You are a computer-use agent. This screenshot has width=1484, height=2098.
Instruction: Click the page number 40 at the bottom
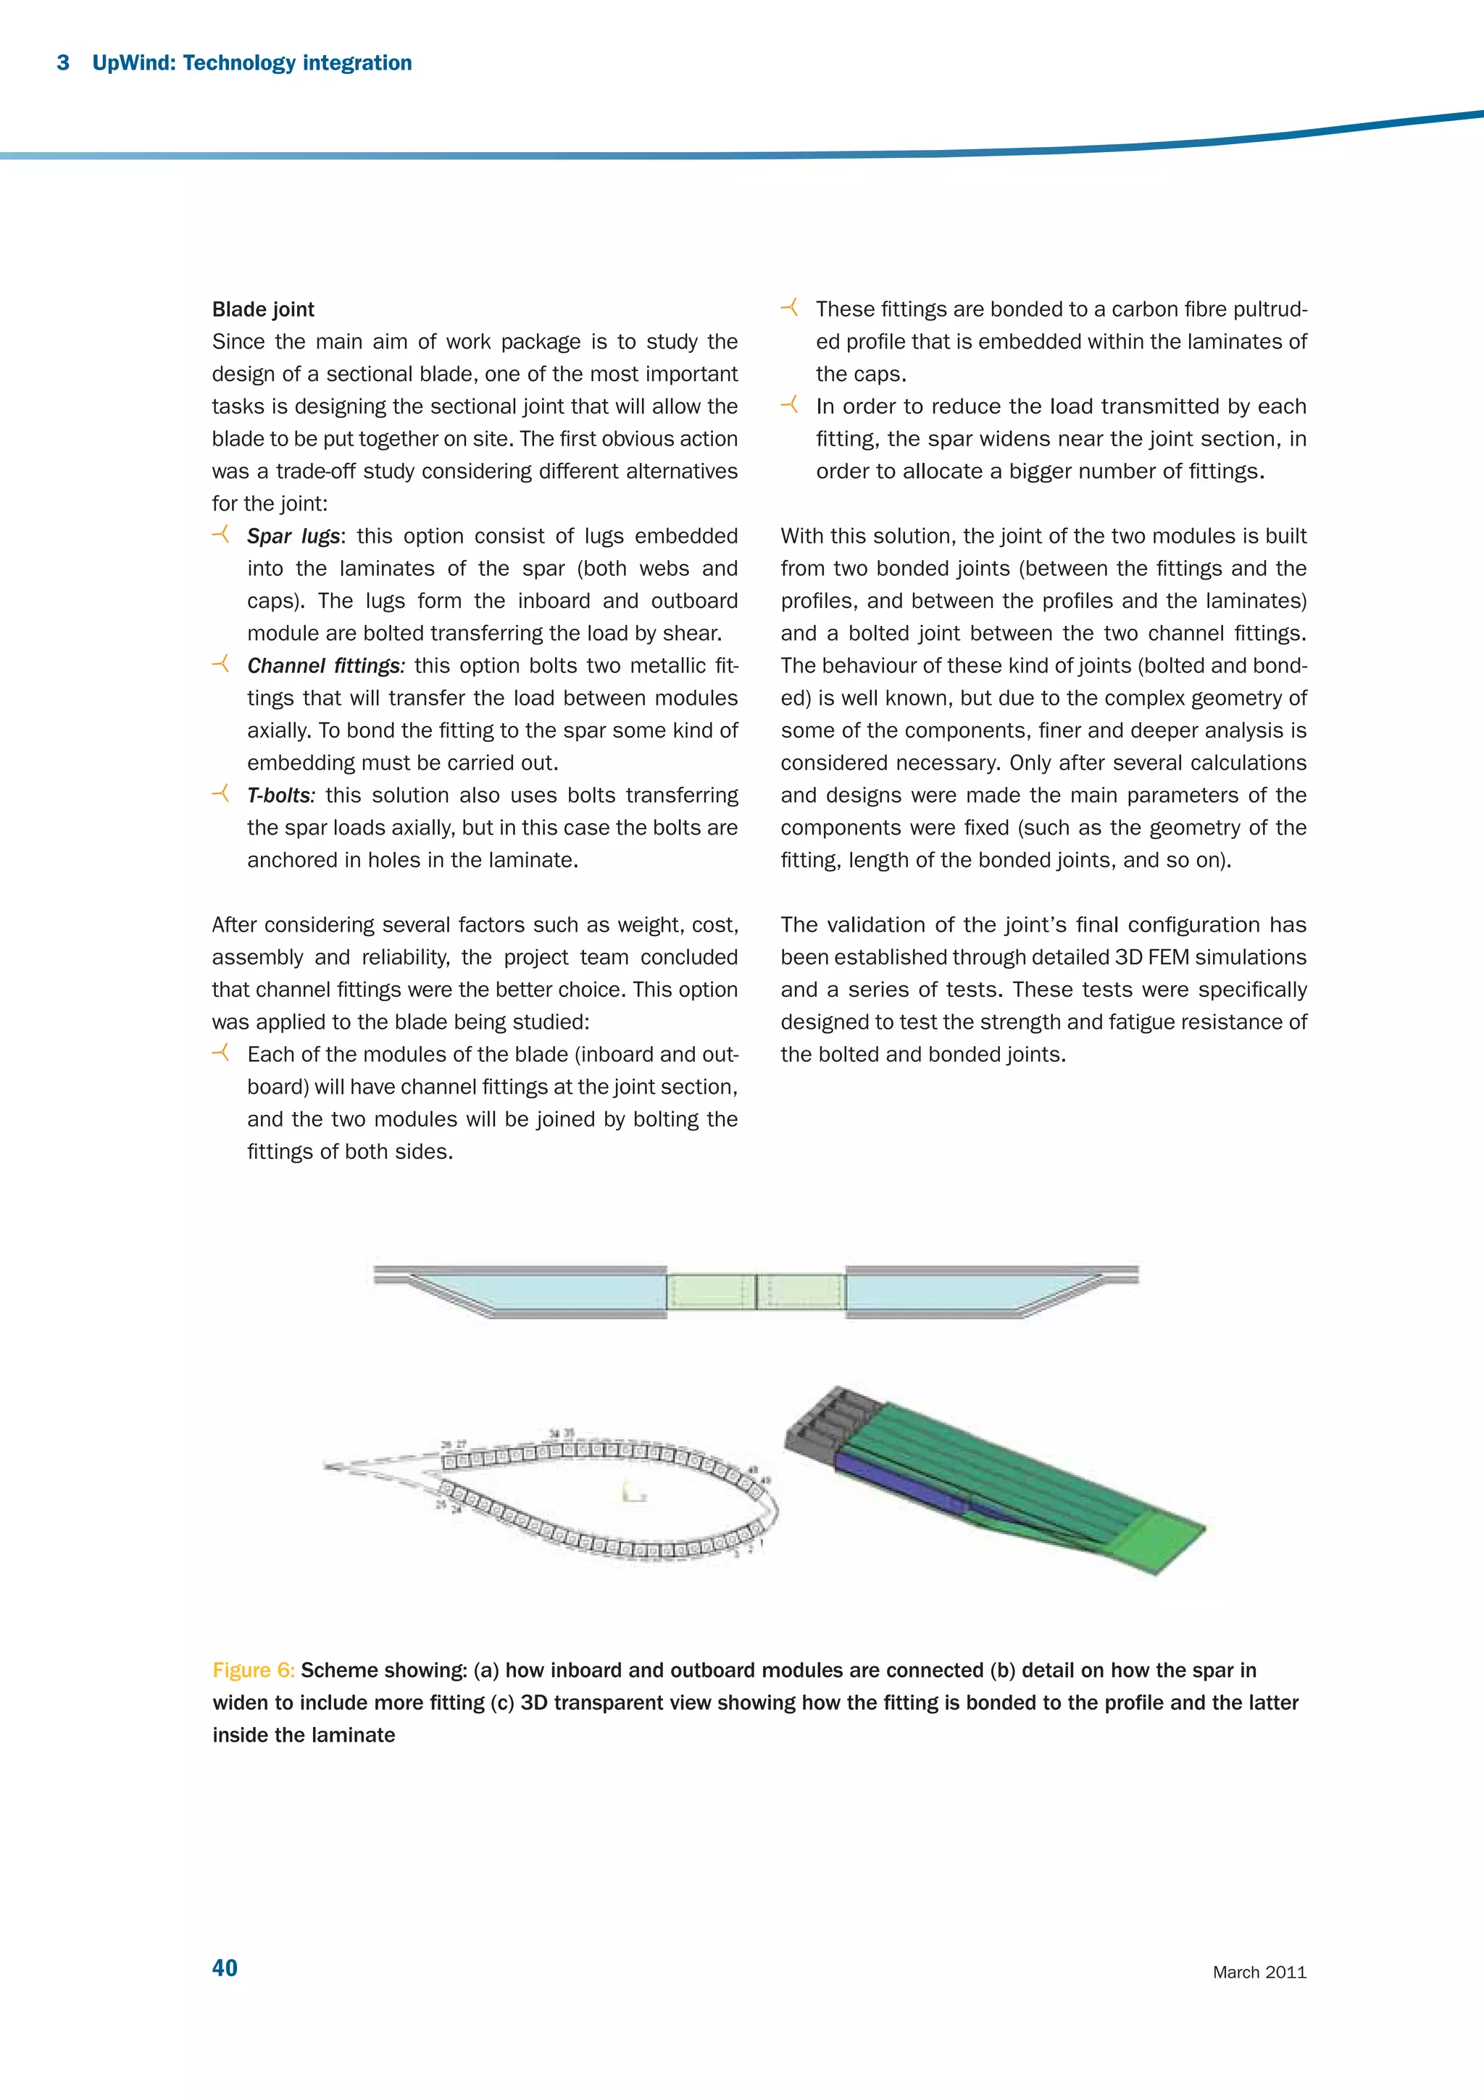pos(225,1968)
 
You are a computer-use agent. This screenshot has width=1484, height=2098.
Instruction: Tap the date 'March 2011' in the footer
pos(1259,1972)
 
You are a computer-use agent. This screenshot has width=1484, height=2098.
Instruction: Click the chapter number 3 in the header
pos(63,63)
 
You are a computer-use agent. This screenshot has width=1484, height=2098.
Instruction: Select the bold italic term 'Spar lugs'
pos(293,536)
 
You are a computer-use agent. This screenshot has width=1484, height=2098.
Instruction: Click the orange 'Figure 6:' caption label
pos(253,1671)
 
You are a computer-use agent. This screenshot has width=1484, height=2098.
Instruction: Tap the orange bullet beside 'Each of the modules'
pos(220,1053)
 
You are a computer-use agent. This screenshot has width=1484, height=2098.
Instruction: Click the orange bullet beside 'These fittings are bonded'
pos(790,308)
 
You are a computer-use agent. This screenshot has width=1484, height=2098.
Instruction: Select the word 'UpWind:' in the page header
pos(133,63)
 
